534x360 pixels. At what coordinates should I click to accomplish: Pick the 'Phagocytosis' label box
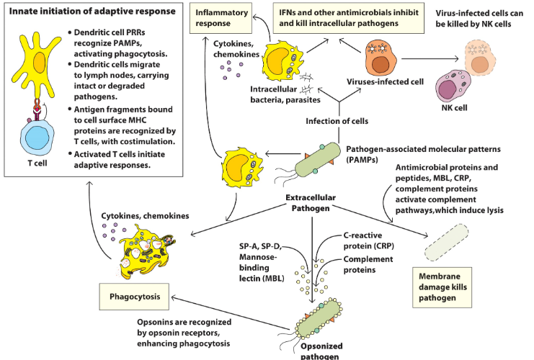click(x=140, y=296)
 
